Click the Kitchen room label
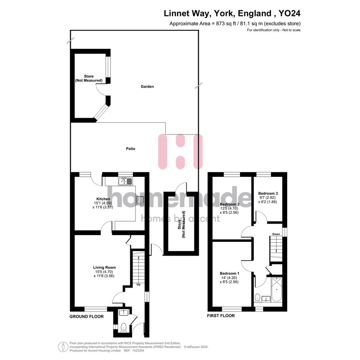coord(103,199)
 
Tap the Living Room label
coord(104,267)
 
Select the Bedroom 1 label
coord(229,273)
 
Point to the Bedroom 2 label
coord(230,204)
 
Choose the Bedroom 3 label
coord(268,193)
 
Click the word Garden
coord(147,86)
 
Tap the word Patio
coord(130,149)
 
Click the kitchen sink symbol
coord(126,181)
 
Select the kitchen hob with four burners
coord(140,200)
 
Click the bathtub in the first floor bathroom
coord(277,290)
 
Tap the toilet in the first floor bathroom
coord(258,298)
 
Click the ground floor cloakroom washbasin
coord(124,312)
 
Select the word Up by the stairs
coord(138,285)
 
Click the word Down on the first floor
coord(276,234)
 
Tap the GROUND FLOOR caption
coord(86,316)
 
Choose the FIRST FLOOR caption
coord(221,316)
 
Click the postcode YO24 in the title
coord(289,13)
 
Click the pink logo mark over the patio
coord(181,152)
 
